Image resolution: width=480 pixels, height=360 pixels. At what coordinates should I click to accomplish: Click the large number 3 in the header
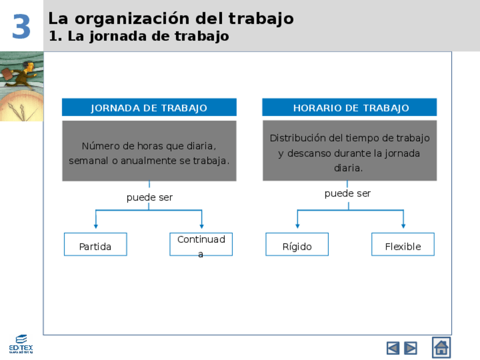click(x=22, y=27)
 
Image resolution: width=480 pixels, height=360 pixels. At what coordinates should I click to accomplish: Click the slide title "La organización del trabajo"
click(x=170, y=18)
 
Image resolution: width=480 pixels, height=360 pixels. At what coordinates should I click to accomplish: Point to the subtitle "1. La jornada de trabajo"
click(x=139, y=36)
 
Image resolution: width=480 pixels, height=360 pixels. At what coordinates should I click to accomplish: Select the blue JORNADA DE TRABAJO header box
click(x=149, y=108)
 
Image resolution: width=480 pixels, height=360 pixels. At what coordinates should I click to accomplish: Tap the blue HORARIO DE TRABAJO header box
click(x=350, y=108)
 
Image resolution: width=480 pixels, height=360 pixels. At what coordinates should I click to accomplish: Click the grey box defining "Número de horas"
click(x=149, y=151)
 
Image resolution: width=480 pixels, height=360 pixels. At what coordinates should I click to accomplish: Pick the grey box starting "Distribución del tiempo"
click(x=350, y=151)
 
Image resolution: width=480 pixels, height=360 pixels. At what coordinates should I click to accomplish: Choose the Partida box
click(x=95, y=245)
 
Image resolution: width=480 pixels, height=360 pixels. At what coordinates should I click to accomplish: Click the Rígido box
click(x=297, y=245)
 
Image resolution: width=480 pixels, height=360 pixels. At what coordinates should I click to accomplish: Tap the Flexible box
click(x=403, y=245)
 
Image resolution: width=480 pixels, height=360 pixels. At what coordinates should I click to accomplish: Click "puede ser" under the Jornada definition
click(x=149, y=198)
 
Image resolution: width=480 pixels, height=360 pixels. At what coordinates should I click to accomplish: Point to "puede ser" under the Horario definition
click(x=348, y=194)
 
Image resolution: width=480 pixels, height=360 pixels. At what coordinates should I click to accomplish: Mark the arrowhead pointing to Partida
click(x=96, y=226)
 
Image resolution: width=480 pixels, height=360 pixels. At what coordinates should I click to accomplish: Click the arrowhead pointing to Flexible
click(x=403, y=226)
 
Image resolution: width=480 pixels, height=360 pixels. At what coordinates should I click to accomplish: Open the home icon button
click(x=442, y=347)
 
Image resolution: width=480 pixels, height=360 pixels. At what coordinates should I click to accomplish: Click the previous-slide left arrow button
click(x=393, y=348)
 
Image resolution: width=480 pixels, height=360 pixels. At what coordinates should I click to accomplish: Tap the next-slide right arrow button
click(x=411, y=348)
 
